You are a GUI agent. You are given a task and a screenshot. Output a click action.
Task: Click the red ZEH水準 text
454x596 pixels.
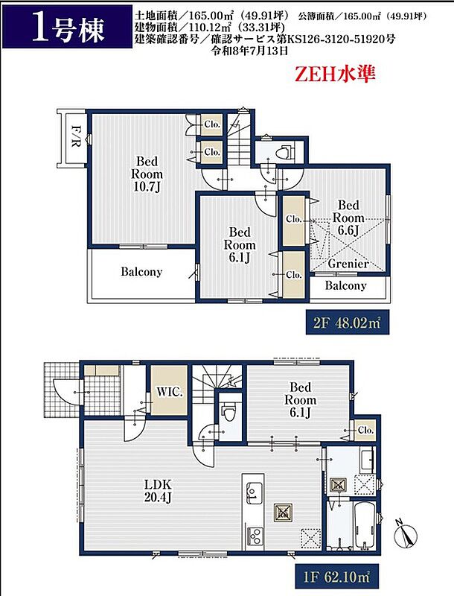point(335,74)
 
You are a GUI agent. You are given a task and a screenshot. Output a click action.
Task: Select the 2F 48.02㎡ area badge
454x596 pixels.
point(348,323)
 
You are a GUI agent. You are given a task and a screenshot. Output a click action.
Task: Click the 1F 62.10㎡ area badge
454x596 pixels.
point(336,577)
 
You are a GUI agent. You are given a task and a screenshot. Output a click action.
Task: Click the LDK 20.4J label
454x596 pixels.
point(158,490)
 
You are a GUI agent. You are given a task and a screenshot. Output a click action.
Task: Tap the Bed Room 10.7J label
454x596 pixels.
point(147,174)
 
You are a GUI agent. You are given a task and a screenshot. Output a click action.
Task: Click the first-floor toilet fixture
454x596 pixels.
point(229,413)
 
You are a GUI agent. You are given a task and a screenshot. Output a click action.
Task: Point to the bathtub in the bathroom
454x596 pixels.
point(364,525)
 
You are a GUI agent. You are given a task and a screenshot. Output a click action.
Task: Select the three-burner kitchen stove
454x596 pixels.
point(255,536)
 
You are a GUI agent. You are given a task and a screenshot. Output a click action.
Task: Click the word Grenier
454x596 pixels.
point(348,264)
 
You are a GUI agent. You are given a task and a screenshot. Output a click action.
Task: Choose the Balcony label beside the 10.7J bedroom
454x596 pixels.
point(141,272)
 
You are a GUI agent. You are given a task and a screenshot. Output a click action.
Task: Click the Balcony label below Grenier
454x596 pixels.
point(345,285)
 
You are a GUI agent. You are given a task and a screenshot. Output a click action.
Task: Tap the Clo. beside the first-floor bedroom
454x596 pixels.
point(365,431)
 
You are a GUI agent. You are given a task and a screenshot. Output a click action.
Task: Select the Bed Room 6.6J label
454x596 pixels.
point(348,218)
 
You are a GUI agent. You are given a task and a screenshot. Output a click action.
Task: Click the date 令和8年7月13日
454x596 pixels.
point(250,51)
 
